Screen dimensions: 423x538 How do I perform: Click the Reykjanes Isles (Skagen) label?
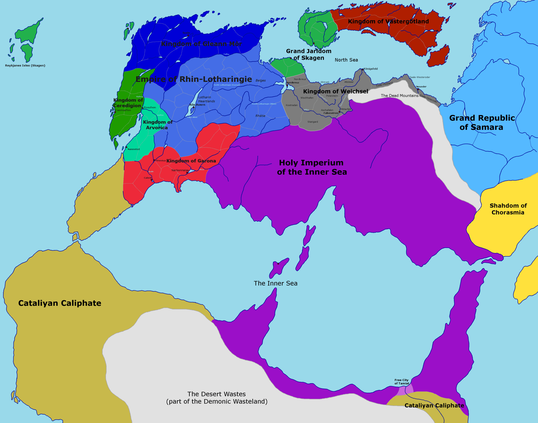coord(25,66)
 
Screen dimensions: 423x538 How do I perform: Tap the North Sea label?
coord(346,60)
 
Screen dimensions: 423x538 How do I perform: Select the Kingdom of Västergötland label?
coord(388,22)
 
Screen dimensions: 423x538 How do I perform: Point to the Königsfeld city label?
coord(371,69)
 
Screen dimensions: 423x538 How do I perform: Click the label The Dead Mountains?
coord(400,96)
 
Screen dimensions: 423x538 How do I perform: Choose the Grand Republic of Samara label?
coord(482,123)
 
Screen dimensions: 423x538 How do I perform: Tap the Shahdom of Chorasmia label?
coord(508,209)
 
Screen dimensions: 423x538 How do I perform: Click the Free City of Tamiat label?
coord(402,382)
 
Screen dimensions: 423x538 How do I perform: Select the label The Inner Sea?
coord(276,284)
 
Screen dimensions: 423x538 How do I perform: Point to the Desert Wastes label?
coord(217,398)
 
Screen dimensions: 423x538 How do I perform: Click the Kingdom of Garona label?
coord(191,161)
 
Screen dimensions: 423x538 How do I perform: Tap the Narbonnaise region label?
coord(180,171)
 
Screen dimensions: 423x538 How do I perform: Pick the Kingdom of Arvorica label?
coord(157,125)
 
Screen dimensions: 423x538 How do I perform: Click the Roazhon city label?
coord(150,108)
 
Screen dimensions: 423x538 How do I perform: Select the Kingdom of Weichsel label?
coord(336,91)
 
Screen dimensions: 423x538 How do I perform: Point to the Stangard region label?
coord(313,122)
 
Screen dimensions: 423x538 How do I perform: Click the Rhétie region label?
coord(260,116)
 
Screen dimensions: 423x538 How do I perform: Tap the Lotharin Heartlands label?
coord(207,99)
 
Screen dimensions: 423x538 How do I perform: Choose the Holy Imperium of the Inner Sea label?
coord(312,167)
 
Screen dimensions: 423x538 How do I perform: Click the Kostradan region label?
coord(292,105)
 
